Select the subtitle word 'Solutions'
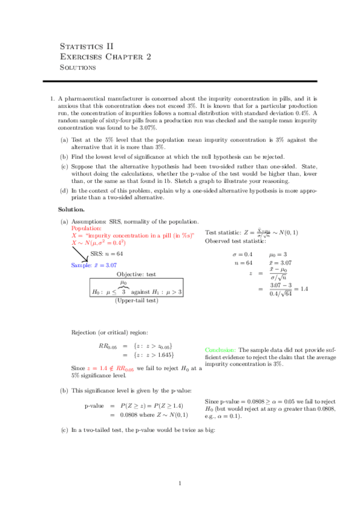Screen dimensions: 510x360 tap(78, 67)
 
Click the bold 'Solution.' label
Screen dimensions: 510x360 tap(71, 209)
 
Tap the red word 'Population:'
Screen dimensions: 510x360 tap(87, 229)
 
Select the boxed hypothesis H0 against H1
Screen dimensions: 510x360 tap(136, 292)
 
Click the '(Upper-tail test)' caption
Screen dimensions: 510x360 tap(136, 301)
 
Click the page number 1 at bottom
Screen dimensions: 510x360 tap(180, 484)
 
